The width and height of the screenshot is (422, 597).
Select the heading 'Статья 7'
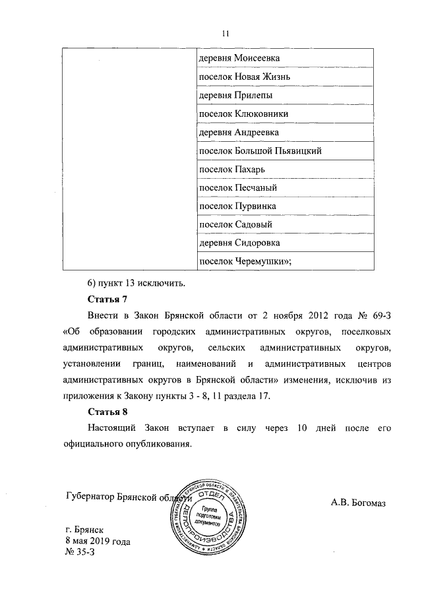coord(107,301)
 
